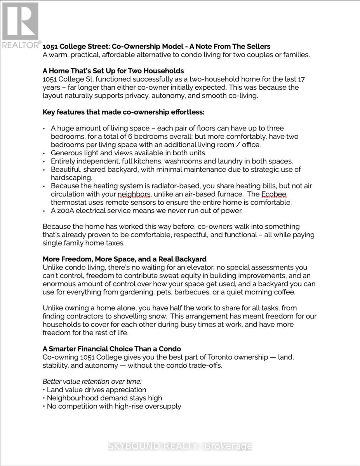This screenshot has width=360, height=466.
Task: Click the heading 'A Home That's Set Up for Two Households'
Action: coord(113,71)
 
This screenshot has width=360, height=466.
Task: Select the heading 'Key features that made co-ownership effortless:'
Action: coord(123,112)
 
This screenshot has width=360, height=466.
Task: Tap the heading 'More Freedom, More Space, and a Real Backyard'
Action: coord(124,259)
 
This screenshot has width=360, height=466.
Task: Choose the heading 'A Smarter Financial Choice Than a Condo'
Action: coord(111,349)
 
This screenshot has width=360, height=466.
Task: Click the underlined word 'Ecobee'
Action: coord(273,194)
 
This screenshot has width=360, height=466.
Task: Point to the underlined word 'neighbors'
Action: coord(134,194)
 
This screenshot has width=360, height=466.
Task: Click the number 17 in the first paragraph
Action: coord(301,79)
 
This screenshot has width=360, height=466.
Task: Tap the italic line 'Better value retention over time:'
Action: coord(92,381)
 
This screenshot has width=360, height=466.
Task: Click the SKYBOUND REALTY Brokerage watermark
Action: coord(180,447)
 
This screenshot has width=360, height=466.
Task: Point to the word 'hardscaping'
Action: coord(71,178)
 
